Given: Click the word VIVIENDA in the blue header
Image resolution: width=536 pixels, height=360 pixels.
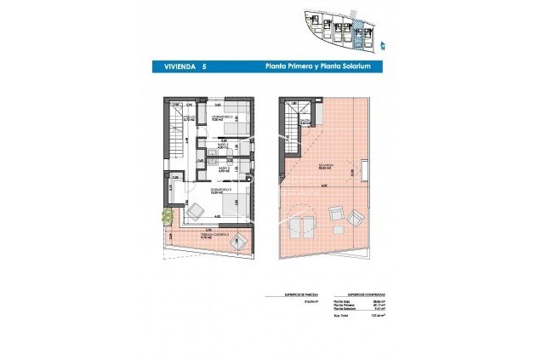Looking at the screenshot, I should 174,65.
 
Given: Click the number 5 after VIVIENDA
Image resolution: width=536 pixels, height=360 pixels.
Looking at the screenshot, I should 203,65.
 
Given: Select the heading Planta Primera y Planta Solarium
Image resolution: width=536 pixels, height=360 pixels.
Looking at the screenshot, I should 315,65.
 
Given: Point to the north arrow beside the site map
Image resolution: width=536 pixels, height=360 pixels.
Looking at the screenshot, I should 383,45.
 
